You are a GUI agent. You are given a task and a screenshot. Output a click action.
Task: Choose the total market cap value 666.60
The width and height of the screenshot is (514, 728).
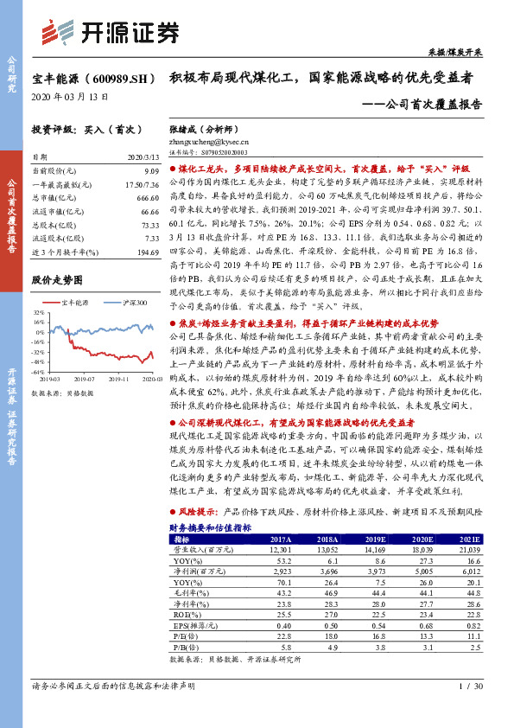coord(146,199)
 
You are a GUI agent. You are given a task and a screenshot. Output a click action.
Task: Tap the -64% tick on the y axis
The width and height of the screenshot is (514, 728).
coord(37,372)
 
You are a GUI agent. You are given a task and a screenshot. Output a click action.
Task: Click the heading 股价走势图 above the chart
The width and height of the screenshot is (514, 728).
coord(57,281)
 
